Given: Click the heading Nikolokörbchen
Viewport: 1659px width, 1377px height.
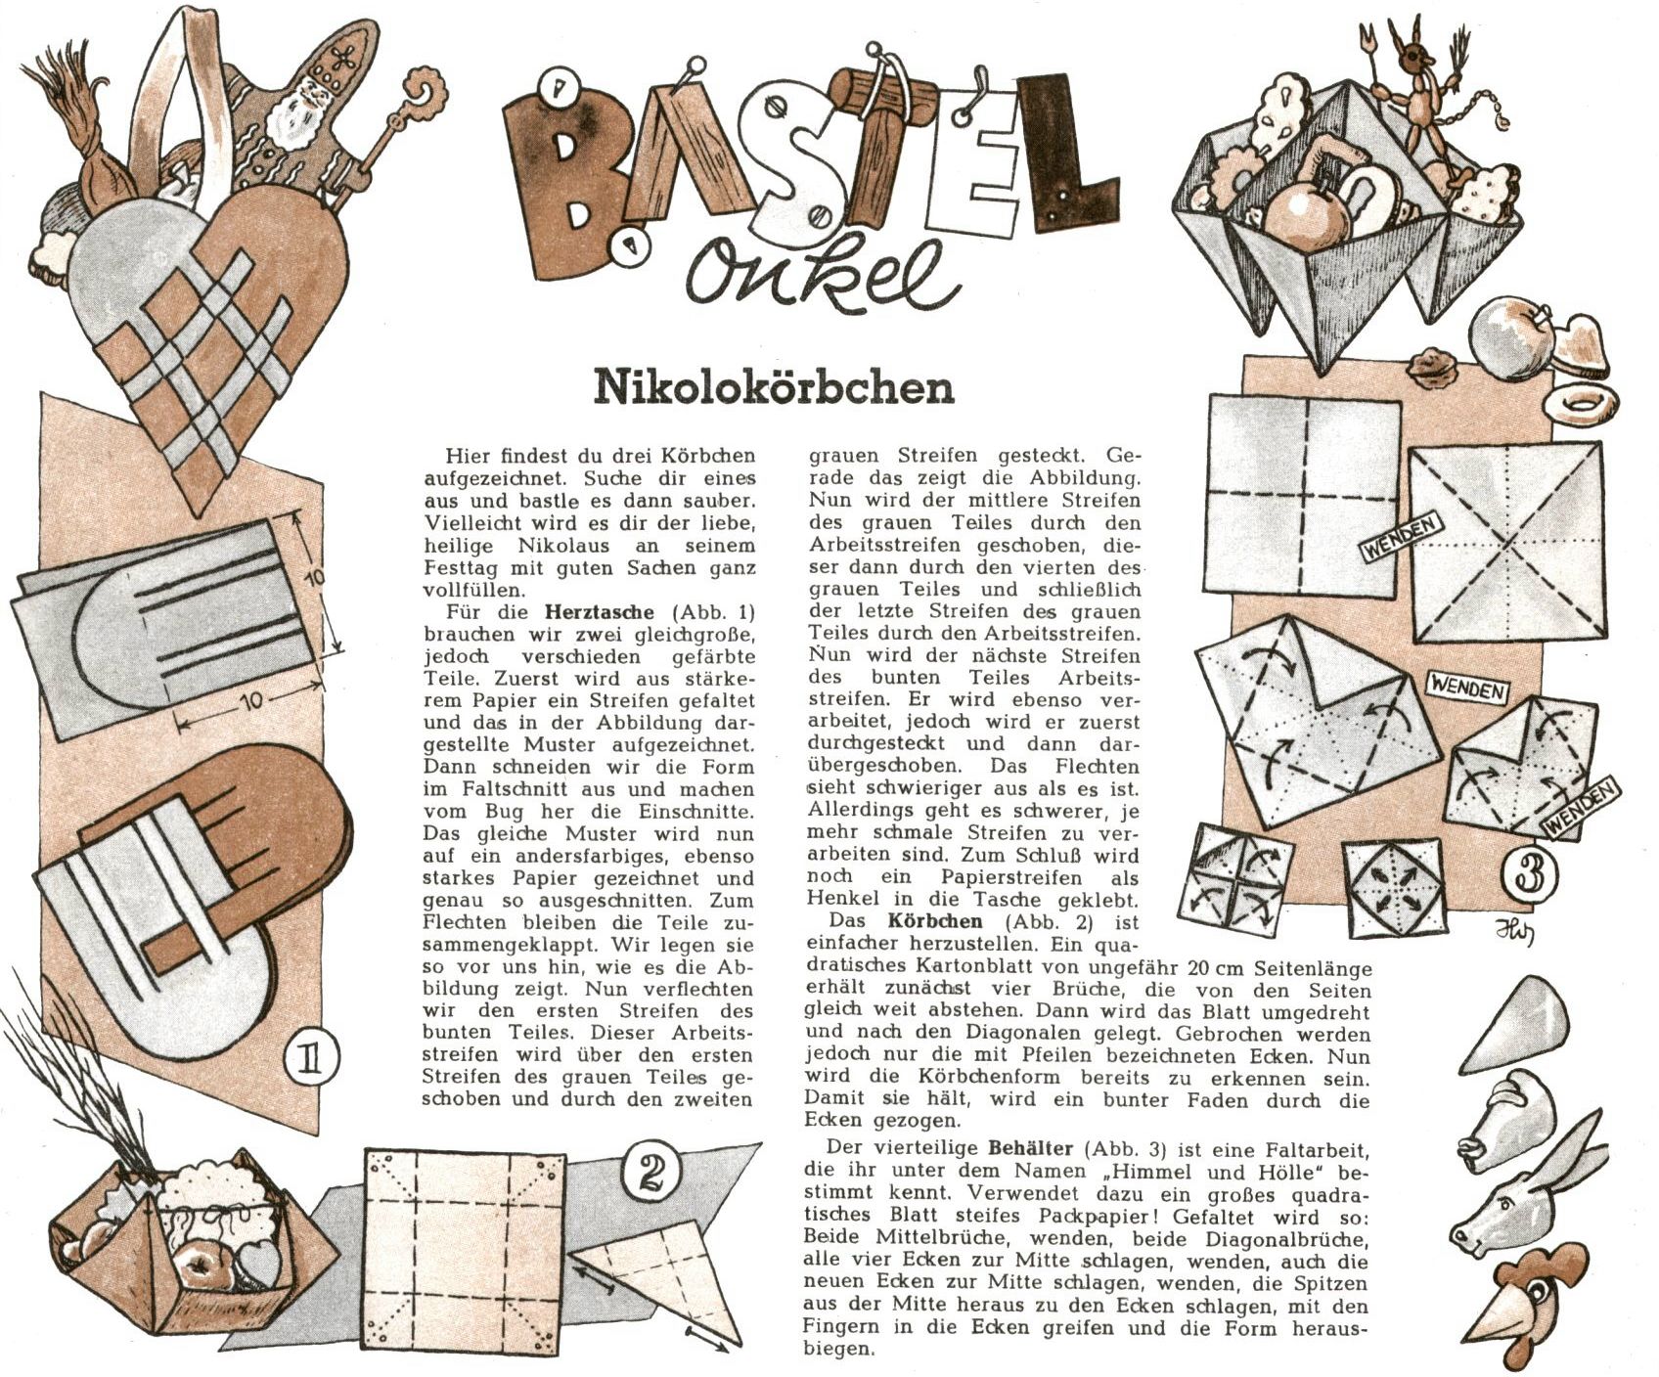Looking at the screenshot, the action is click(x=774, y=387).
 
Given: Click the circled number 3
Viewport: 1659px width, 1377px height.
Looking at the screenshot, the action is click(x=1531, y=874).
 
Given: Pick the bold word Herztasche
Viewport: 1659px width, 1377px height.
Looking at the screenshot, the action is click(x=599, y=613).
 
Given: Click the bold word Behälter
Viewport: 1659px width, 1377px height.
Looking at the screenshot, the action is click(x=1028, y=1147).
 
